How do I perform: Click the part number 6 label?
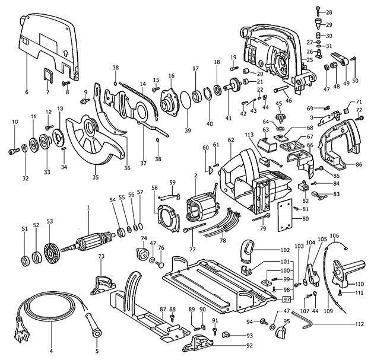point(26,93)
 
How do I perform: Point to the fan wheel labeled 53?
point(50,244)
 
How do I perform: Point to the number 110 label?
point(360,284)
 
